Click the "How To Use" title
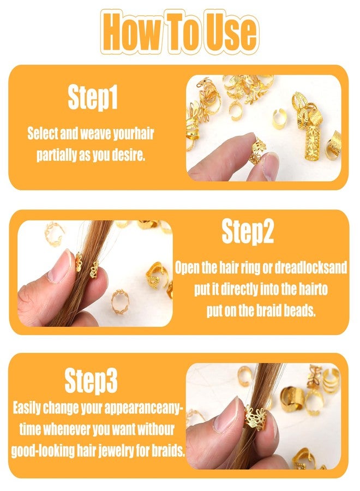[x=179, y=31]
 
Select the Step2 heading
[x=247, y=231]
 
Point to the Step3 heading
[x=91, y=380]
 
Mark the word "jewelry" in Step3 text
[x=117, y=451]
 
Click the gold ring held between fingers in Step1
[x=257, y=151]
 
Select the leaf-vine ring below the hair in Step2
[x=120, y=302]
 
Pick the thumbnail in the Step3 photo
[x=227, y=414]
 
